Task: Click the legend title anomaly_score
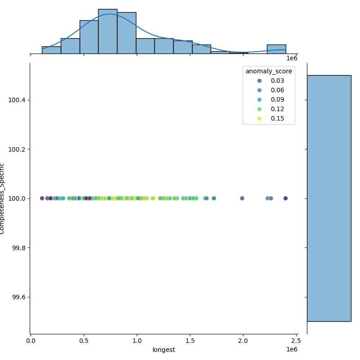tap(269, 71)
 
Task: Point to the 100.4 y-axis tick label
tap(17, 99)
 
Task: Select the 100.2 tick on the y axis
tap(17, 149)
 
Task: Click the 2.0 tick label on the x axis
tap(243, 341)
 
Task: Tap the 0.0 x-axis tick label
tap(31, 341)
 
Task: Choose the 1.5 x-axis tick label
tap(190, 341)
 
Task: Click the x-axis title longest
tap(163, 350)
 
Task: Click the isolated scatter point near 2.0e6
tap(242, 198)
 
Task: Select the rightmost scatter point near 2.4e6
tap(285, 198)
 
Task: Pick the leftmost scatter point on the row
tap(42, 198)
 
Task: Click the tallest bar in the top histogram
tap(108, 31)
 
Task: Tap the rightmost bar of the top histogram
tap(276, 49)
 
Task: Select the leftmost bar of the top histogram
tap(51, 50)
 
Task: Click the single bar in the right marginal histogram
tap(328, 198)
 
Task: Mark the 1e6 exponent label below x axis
tap(292, 350)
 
